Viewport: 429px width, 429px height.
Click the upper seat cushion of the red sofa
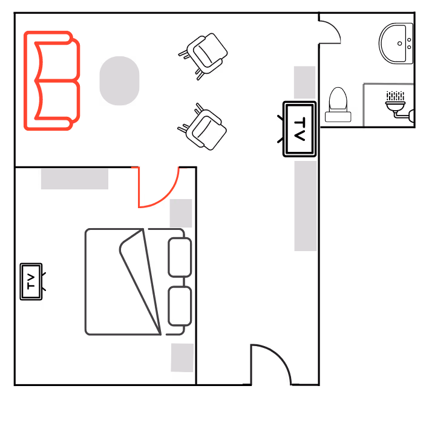point(57,61)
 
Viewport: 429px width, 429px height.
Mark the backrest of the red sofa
point(28,80)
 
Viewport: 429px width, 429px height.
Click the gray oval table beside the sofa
point(119,80)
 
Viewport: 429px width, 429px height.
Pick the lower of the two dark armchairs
point(205,129)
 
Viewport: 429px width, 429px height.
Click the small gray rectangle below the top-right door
point(304,82)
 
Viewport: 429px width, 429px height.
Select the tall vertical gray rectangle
point(306,206)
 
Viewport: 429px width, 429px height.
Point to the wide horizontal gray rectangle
point(74,178)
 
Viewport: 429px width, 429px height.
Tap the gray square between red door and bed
point(181,213)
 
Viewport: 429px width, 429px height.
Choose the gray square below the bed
point(182,358)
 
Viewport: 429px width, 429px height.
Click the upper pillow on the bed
point(180,257)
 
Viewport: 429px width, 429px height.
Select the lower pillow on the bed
point(180,306)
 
